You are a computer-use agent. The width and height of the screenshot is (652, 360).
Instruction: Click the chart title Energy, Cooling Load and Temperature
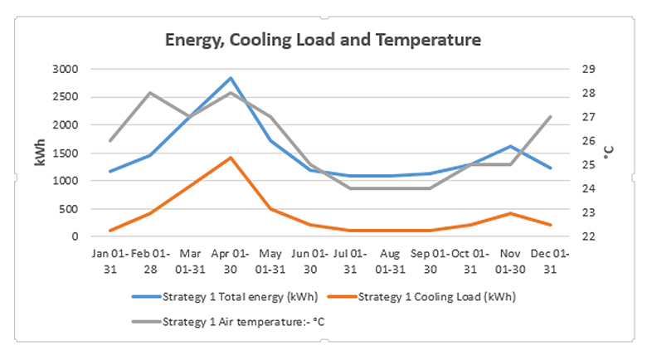323,39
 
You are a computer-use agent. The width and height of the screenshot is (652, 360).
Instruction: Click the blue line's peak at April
230,78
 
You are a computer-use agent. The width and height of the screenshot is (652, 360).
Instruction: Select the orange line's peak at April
230,158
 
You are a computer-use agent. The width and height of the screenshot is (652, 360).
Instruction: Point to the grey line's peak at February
150,93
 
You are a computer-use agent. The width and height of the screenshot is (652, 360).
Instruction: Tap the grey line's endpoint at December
551,117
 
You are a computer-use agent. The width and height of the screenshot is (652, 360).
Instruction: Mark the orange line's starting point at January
110,231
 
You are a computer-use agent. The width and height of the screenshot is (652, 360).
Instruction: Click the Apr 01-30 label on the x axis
230,260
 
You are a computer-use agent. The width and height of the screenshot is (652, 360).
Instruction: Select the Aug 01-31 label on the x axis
391,260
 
